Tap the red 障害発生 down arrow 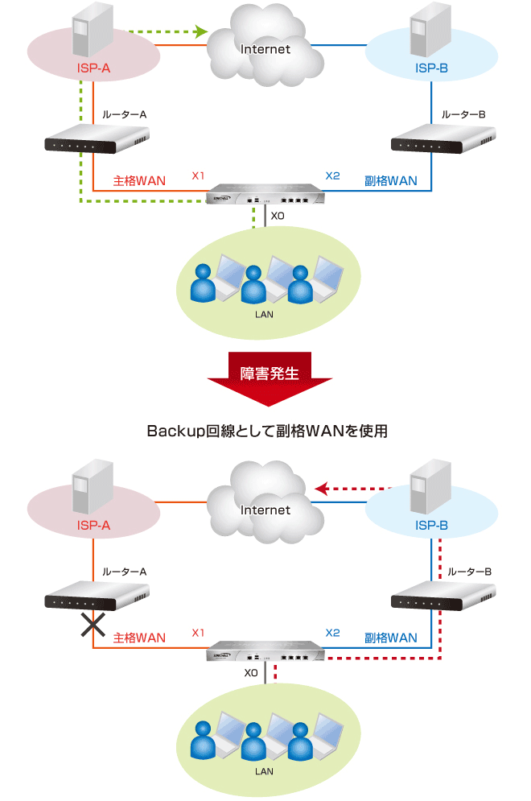(270, 379)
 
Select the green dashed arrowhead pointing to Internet (201, 33)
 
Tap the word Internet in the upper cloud (265, 50)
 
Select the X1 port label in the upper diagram (199, 175)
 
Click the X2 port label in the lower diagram (332, 633)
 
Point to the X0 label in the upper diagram (278, 216)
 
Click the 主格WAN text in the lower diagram (139, 638)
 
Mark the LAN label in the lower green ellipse (264, 771)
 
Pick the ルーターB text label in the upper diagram (463, 115)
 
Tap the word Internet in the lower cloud (265, 510)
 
